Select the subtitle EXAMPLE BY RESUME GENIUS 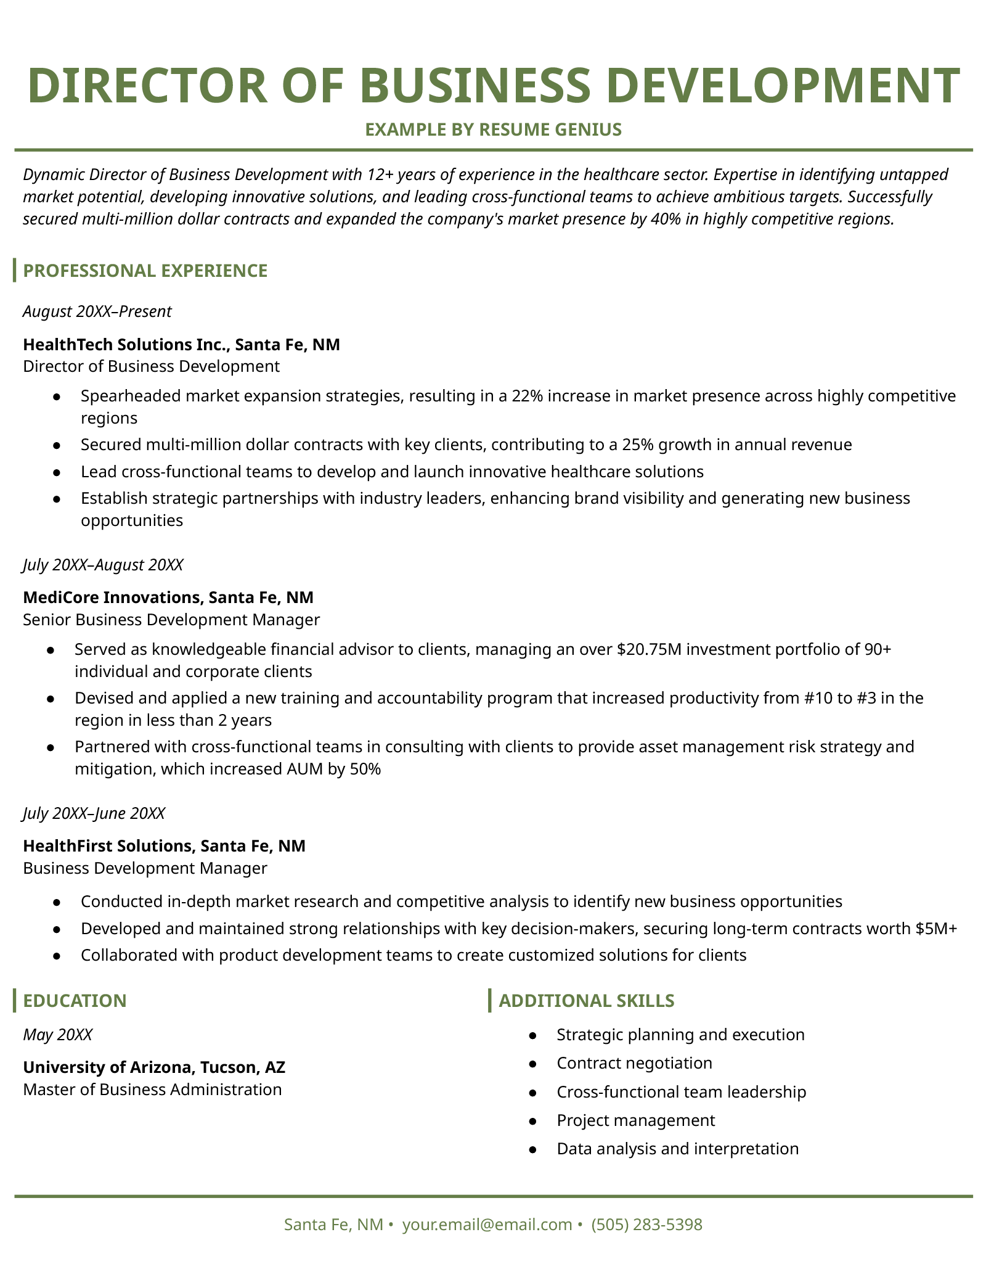[x=493, y=129]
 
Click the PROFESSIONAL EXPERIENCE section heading [x=145, y=271]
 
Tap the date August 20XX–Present [x=97, y=311]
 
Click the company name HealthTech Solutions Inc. [x=124, y=344]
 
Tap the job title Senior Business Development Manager [x=171, y=620]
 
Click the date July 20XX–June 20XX [x=94, y=813]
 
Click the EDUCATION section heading [x=75, y=1001]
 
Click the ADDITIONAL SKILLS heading [x=586, y=1001]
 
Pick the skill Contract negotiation [x=634, y=1063]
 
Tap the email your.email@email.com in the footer [x=487, y=1225]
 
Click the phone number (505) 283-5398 [x=646, y=1225]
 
